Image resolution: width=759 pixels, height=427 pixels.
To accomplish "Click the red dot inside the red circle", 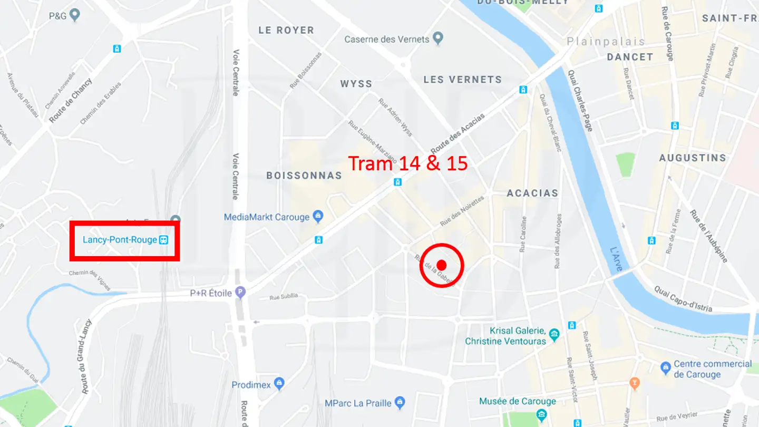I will click(442, 265).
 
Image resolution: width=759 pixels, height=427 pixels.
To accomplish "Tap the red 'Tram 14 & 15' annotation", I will click(408, 163).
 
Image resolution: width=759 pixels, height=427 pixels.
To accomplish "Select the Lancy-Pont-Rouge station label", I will click(120, 240).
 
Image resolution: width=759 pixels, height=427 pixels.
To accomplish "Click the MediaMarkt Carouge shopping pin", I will click(318, 216).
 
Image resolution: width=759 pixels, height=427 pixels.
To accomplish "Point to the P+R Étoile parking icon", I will click(240, 292).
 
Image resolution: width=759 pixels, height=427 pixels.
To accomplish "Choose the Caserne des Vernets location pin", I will click(437, 38).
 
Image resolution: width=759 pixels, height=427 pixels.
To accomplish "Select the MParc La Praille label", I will click(358, 403).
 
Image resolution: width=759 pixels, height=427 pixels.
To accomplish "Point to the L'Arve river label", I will click(616, 259).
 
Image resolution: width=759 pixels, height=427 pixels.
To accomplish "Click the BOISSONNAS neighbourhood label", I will click(304, 176).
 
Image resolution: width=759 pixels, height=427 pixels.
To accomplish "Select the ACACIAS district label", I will click(532, 193).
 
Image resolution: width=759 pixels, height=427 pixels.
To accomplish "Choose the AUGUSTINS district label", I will click(693, 158).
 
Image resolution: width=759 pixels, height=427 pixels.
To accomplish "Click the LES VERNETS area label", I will click(463, 80).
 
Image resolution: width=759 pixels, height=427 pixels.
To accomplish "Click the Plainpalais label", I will click(606, 41).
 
